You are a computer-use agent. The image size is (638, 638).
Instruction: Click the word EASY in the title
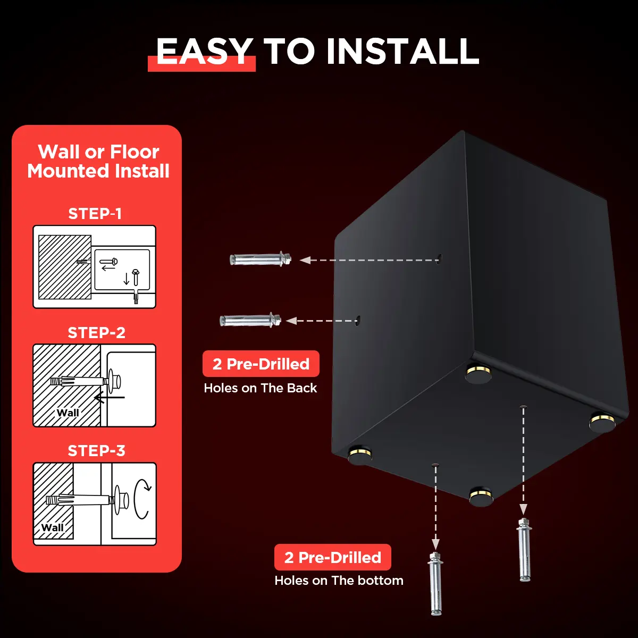pos(204,52)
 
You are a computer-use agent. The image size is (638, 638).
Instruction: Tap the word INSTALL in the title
pos(402,52)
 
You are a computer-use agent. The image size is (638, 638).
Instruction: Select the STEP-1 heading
pos(95,214)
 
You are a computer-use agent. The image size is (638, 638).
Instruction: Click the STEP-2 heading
pos(96,332)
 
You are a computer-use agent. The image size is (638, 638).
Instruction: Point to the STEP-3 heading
pos(96,451)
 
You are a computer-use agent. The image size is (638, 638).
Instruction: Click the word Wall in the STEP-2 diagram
pos(68,413)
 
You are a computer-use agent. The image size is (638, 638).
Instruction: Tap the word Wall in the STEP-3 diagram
pos(52,527)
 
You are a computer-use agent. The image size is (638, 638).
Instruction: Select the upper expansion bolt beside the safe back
pos(261,259)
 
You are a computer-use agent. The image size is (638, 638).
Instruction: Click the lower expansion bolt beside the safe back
pos(250,320)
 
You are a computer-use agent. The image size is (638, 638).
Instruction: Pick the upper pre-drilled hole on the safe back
pos(439,258)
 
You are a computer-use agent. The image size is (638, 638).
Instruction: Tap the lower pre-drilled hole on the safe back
pos(358,320)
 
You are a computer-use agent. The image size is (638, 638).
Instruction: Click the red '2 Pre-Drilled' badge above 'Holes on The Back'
pos(261,364)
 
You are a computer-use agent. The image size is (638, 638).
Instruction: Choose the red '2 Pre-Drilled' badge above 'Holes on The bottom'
pos(333,557)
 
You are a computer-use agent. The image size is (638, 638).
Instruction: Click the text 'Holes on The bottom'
pos(339,581)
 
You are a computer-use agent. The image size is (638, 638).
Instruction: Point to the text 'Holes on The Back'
pos(260,388)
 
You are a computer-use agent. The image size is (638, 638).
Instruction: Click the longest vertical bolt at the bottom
pos(435,584)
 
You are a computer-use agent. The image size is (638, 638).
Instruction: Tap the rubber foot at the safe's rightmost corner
pos(602,422)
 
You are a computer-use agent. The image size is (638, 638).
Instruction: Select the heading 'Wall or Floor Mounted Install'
pos(98,161)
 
